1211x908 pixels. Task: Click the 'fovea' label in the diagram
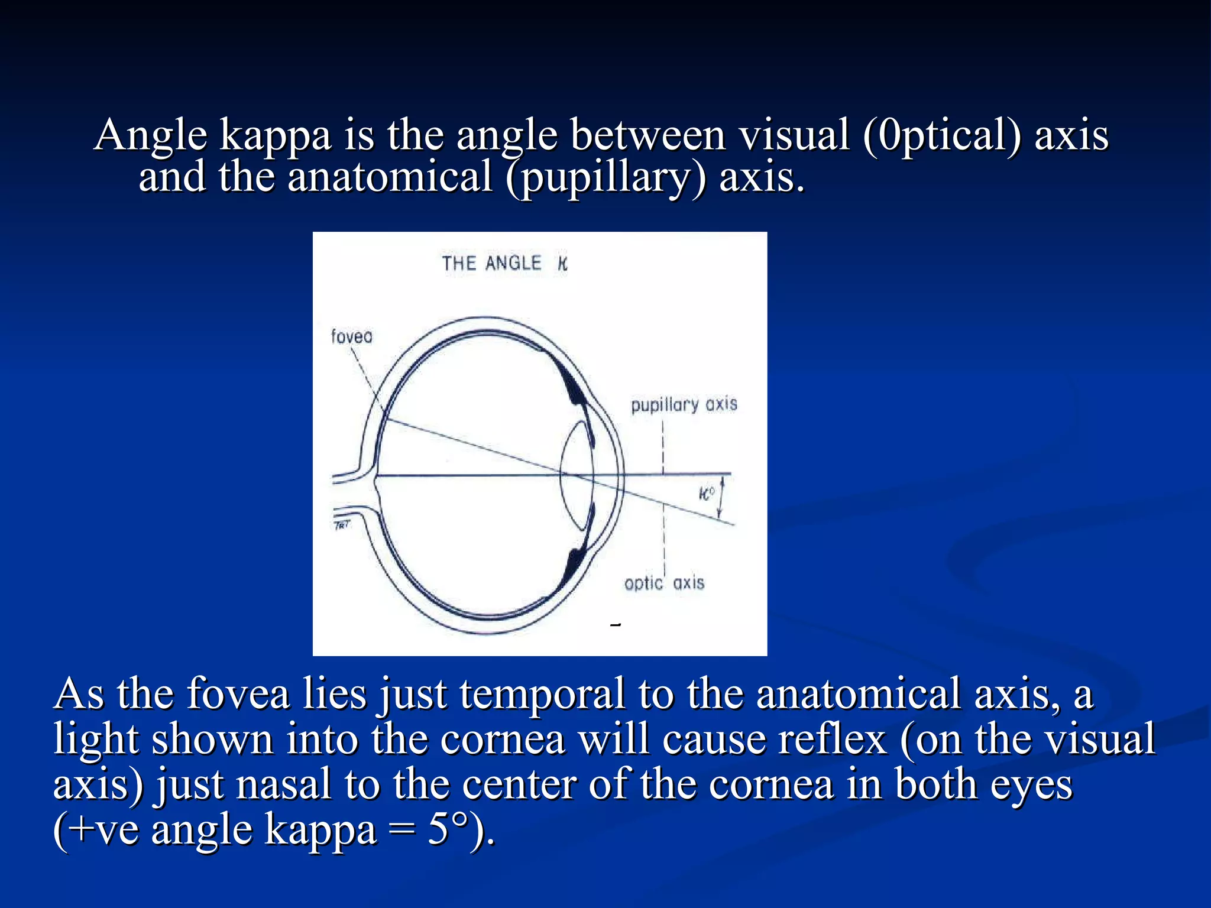click(352, 336)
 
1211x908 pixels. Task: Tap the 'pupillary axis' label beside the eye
click(684, 405)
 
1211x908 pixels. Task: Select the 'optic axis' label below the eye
click(664, 583)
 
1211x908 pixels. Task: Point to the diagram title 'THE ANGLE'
click(491, 264)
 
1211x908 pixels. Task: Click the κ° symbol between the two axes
click(707, 493)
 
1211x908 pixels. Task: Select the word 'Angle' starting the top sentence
click(151, 136)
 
